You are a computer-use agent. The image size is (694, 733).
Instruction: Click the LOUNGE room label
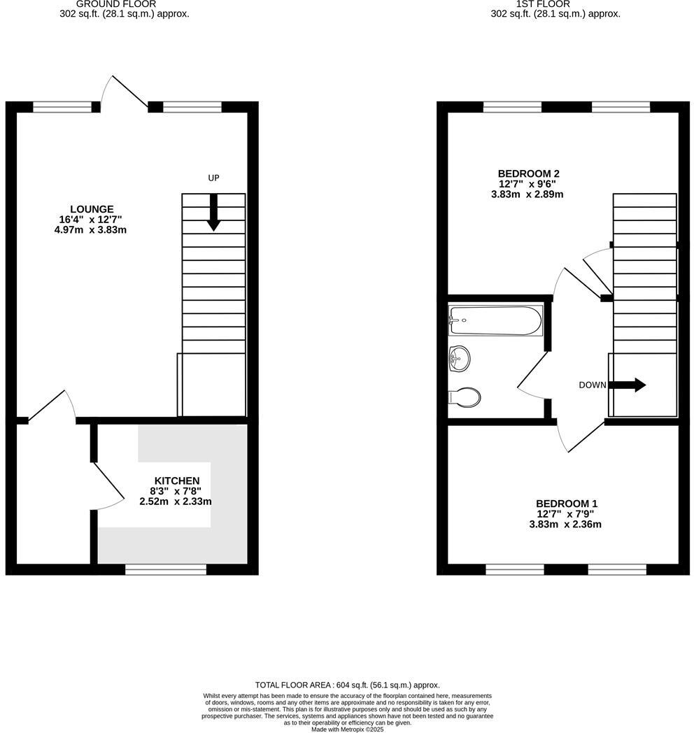click(x=91, y=208)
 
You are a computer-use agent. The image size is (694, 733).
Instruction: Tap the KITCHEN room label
click(x=177, y=481)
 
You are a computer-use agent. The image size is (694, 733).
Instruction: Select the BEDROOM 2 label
click(x=528, y=173)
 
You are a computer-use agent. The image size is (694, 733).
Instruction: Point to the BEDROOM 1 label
click(x=567, y=504)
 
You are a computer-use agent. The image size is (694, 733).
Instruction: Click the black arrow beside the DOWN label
click(x=628, y=385)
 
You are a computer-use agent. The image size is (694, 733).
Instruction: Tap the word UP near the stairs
click(x=213, y=178)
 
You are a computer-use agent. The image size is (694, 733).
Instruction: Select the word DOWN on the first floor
click(x=592, y=385)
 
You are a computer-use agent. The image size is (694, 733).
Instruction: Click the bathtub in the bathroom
click(x=495, y=321)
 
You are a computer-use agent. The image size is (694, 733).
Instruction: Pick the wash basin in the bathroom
click(x=459, y=358)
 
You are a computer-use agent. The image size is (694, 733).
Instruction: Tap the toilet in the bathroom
click(x=464, y=397)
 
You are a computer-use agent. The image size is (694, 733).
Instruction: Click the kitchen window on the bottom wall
click(x=166, y=570)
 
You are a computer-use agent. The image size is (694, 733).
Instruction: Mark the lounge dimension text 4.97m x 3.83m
click(x=90, y=229)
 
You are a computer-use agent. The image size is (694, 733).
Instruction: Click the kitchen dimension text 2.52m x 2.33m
click(x=176, y=501)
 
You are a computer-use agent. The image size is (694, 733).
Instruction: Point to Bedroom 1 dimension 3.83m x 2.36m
click(x=567, y=525)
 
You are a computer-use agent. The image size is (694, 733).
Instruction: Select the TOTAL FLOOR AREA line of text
click(x=347, y=685)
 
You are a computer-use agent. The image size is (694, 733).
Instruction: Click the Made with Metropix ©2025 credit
click(x=347, y=730)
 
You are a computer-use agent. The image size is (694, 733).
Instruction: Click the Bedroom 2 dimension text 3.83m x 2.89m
click(x=527, y=194)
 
